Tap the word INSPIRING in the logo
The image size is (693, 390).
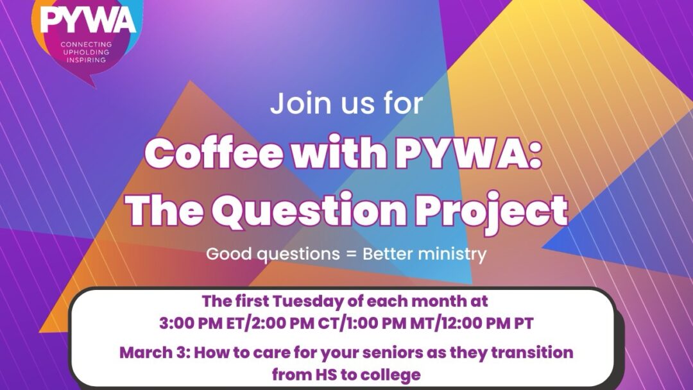click(87, 60)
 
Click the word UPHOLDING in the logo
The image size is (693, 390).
click(87, 52)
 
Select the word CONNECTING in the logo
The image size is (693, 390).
click(87, 44)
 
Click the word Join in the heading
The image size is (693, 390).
click(293, 104)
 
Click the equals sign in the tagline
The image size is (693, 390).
click(354, 254)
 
